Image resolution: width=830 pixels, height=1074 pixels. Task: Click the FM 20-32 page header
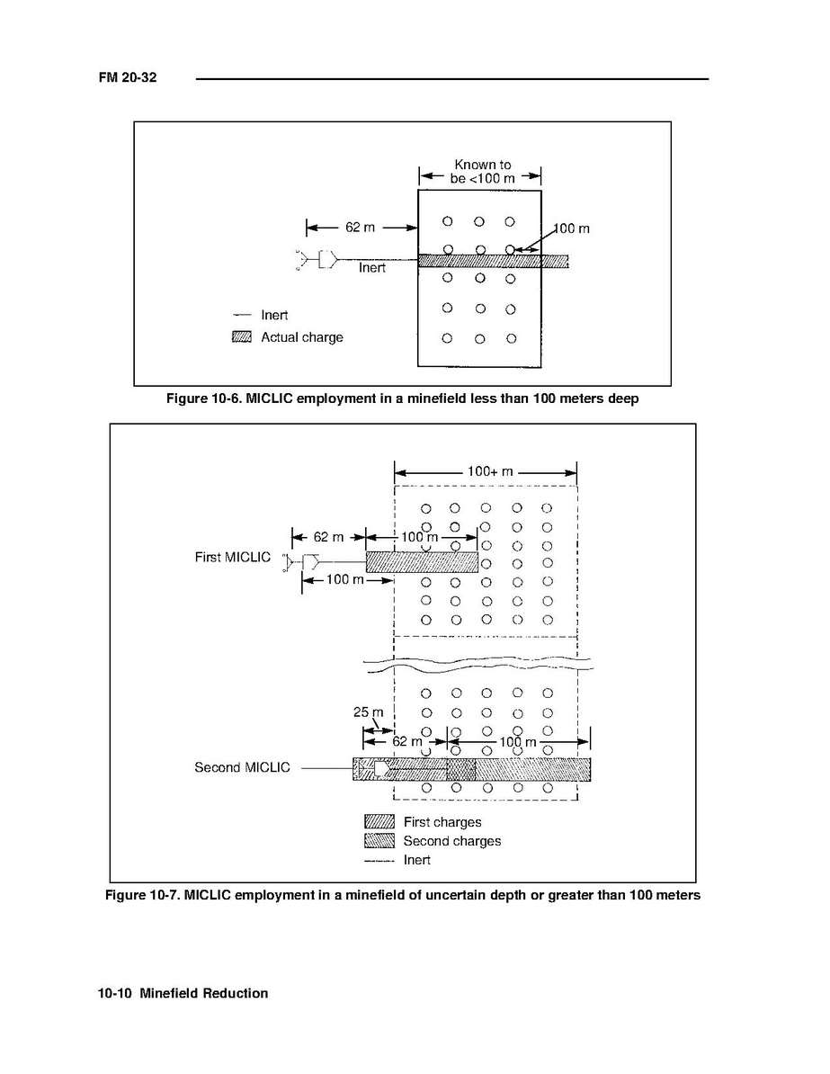[x=128, y=78]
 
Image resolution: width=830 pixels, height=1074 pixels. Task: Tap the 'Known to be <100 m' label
[x=482, y=171]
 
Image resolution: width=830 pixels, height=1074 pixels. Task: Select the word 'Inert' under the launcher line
[x=372, y=268]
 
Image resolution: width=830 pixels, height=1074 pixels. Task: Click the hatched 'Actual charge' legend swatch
[x=242, y=337]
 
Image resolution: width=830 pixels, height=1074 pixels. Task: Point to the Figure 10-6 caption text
[x=402, y=398]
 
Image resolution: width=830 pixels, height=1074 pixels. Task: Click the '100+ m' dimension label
[x=486, y=470]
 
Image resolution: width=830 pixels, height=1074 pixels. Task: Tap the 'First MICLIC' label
[x=232, y=557]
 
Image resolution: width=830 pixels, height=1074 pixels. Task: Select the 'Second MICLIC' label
[x=242, y=767]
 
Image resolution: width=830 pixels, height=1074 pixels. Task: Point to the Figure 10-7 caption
[x=402, y=895]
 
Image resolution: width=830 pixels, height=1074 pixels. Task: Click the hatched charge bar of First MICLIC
[x=422, y=561]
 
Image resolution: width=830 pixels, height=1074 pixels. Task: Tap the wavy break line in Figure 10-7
[x=477, y=664]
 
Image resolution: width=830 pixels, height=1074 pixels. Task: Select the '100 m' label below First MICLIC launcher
[x=344, y=579]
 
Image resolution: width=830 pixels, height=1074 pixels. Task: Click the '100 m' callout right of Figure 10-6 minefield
[x=571, y=228]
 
